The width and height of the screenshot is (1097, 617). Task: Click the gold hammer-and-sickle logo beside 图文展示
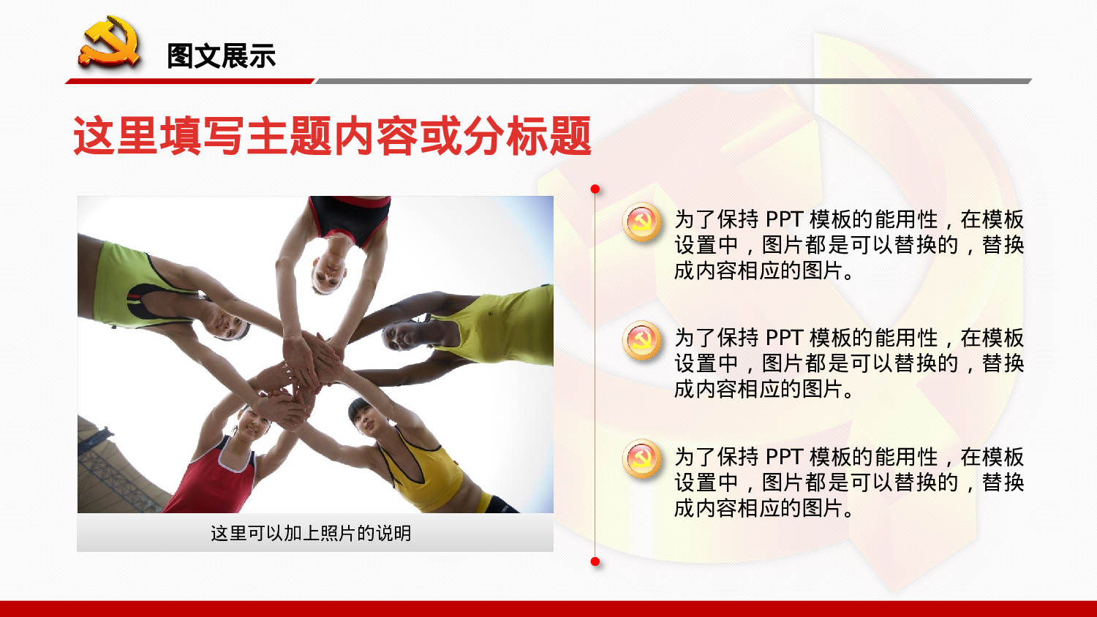(110, 44)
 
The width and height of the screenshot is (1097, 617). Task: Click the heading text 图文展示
(221, 56)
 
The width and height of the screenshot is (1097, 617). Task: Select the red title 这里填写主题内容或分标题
(332, 137)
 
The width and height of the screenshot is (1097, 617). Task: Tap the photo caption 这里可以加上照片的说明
(311, 534)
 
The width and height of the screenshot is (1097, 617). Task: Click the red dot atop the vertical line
(595, 189)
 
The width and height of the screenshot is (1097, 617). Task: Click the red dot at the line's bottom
(595, 561)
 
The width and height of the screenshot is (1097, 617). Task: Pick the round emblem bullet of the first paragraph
(642, 222)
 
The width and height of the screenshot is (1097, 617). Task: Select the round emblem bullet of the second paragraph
(642, 341)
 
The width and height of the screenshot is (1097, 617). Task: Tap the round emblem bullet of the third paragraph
(642, 459)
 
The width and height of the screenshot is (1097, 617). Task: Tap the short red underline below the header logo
(190, 81)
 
